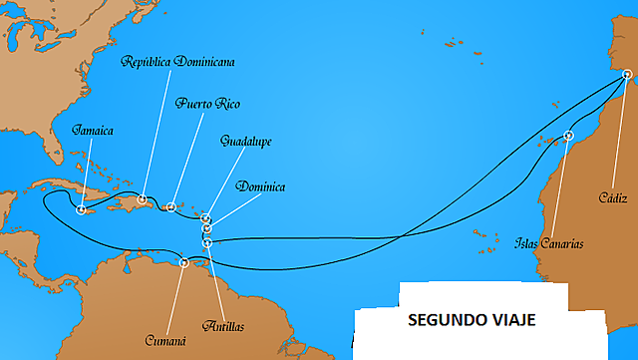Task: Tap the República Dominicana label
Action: pos(178,62)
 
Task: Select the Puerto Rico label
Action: pos(207,103)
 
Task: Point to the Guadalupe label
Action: pos(246,142)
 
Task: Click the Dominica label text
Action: pos(262,186)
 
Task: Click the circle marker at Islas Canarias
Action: pos(569,136)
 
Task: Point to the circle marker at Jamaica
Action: pos(81,209)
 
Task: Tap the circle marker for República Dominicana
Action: pos(144,199)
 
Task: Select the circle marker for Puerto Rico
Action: pos(171,207)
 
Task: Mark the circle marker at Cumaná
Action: pos(184,263)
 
